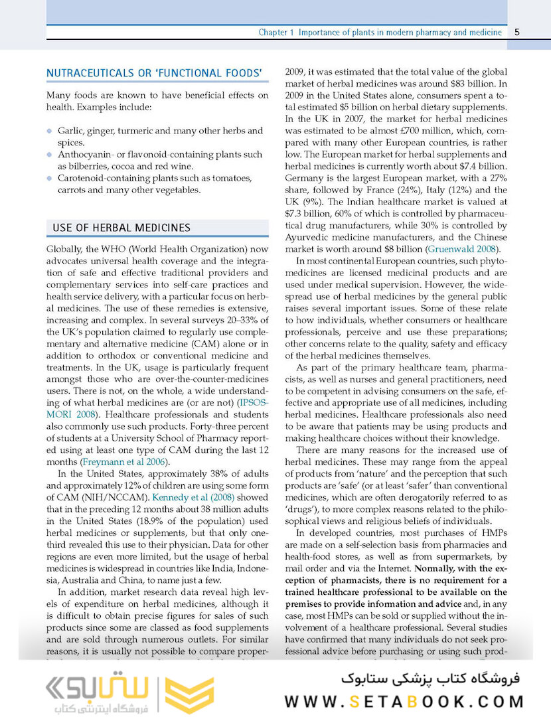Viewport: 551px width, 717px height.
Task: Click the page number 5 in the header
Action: pos(517,33)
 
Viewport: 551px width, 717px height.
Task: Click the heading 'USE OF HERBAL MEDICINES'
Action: pos(121,228)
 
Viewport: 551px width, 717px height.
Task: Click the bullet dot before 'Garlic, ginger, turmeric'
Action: pos(49,131)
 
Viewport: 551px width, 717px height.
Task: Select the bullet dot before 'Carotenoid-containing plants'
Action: pos(49,179)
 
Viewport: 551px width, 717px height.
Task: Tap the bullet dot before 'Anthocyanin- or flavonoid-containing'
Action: pos(49,155)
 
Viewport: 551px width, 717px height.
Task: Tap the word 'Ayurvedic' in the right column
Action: pos(310,237)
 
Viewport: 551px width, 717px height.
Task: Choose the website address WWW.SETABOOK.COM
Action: pos(405,701)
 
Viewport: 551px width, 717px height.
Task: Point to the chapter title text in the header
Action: pos(380,33)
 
